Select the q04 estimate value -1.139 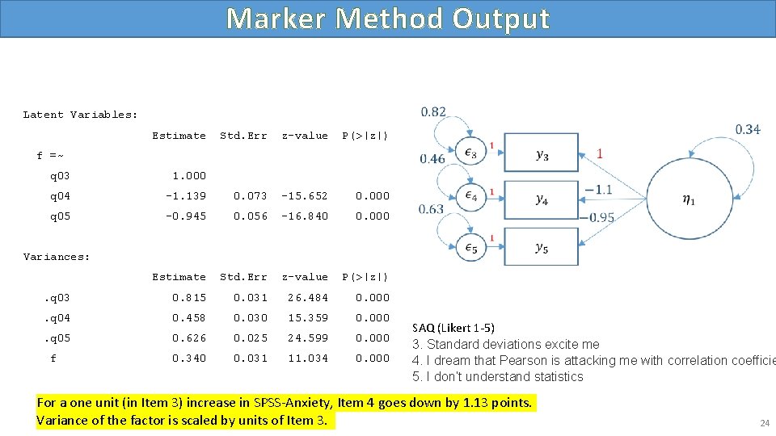(186, 196)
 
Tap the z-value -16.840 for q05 (305, 216)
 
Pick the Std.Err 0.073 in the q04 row (251, 196)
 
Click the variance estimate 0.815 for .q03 (189, 298)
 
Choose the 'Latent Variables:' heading (80, 115)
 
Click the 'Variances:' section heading (57, 257)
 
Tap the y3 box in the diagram (542, 155)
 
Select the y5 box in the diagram (542, 248)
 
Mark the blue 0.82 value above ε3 (433, 112)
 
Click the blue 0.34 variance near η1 (747, 129)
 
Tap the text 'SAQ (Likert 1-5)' (453, 328)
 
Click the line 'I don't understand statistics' (503, 377)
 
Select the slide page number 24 (764, 423)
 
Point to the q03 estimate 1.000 (189, 176)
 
